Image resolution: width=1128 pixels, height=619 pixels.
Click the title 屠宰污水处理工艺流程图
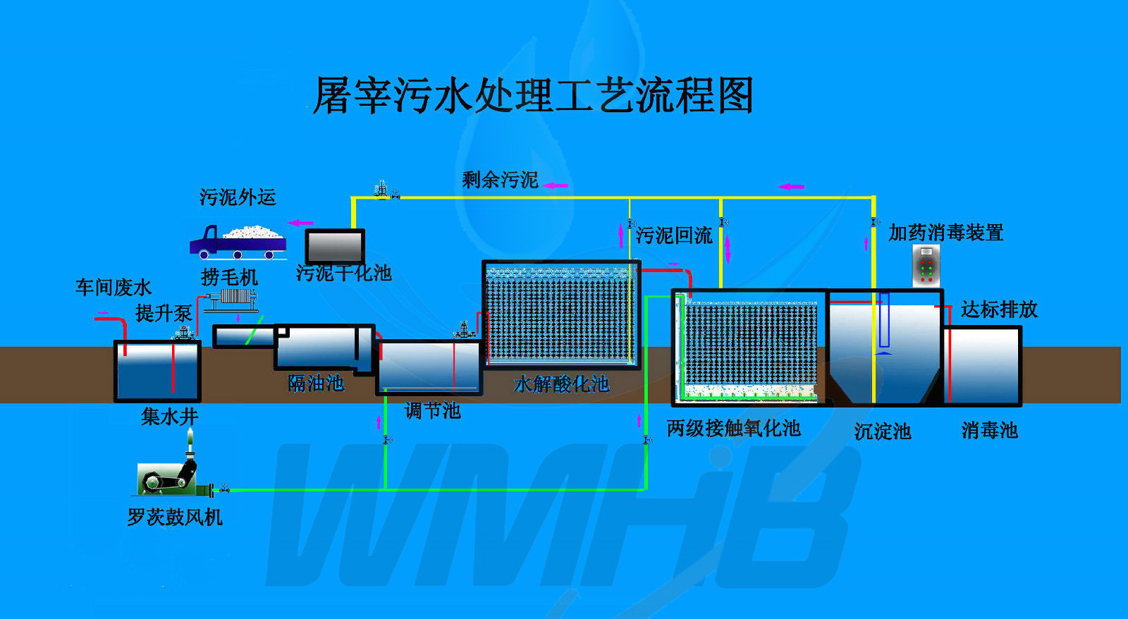click(x=533, y=96)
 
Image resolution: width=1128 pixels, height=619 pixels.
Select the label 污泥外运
click(x=238, y=197)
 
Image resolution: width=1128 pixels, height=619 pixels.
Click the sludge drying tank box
click(x=335, y=247)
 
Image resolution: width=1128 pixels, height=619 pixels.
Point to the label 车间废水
click(x=114, y=287)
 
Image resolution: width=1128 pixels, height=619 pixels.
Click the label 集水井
click(x=169, y=417)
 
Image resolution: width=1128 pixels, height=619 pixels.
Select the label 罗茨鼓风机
click(x=175, y=517)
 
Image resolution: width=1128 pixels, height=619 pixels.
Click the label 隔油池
click(x=316, y=384)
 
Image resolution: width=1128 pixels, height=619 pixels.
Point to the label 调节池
click(x=432, y=410)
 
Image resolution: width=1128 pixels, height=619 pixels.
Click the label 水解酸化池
click(x=561, y=384)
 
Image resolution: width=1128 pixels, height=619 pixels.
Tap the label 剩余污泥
click(x=500, y=180)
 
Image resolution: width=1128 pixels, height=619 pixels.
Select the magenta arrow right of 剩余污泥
click(x=556, y=185)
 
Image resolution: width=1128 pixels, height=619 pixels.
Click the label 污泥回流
click(x=674, y=235)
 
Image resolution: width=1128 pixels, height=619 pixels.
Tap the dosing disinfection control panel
click(x=926, y=266)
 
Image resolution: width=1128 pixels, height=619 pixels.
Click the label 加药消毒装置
click(x=945, y=233)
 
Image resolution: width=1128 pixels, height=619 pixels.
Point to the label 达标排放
click(x=999, y=309)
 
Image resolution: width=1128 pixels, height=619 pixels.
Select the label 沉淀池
click(x=883, y=431)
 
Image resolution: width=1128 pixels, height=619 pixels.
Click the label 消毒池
click(x=989, y=430)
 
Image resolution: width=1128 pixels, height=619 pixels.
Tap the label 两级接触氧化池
click(x=733, y=428)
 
